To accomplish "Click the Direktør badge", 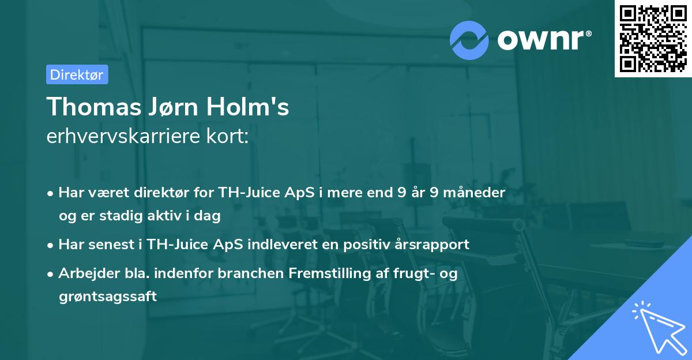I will [77, 74].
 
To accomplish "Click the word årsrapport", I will [431, 244].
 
